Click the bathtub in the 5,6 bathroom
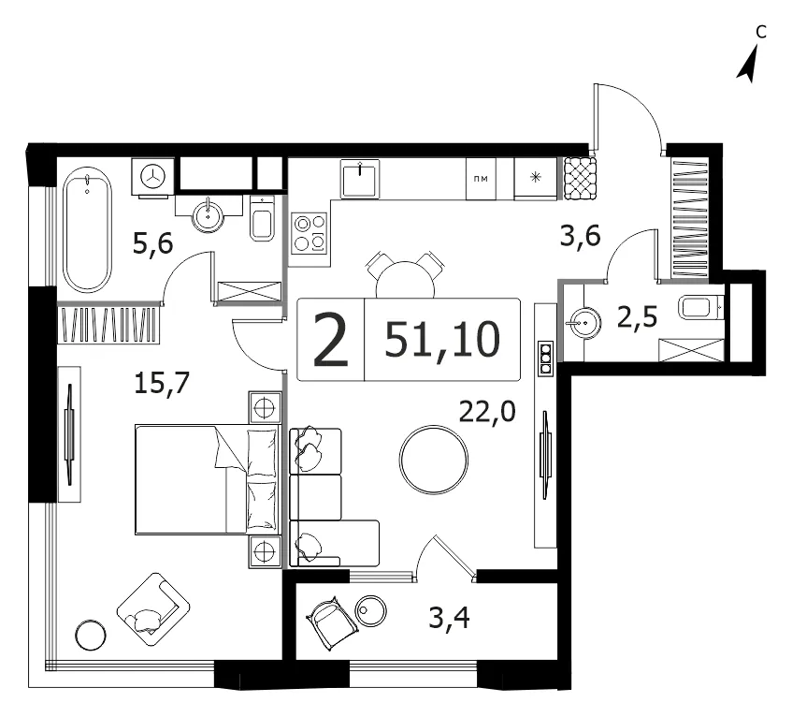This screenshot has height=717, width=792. point(87,230)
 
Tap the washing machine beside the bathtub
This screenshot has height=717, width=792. point(152,177)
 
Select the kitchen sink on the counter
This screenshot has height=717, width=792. point(360,179)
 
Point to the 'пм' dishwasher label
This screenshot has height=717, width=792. point(481,179)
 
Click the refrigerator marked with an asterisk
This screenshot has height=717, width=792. point(535,178)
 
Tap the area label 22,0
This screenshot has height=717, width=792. point(487,411)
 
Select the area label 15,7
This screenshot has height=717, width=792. point(162,382)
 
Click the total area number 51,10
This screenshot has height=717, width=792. point(442,339)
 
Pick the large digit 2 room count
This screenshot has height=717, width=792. point(331,339)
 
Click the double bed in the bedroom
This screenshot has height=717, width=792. point(207,479)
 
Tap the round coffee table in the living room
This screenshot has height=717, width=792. point(433,460)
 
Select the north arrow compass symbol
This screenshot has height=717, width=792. point(749,63)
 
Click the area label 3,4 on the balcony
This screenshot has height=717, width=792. point(449,618)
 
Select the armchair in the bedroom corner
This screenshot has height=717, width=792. point(153,609)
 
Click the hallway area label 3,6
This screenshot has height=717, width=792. point(581,236)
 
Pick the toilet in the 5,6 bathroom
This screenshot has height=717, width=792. point(263,218)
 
